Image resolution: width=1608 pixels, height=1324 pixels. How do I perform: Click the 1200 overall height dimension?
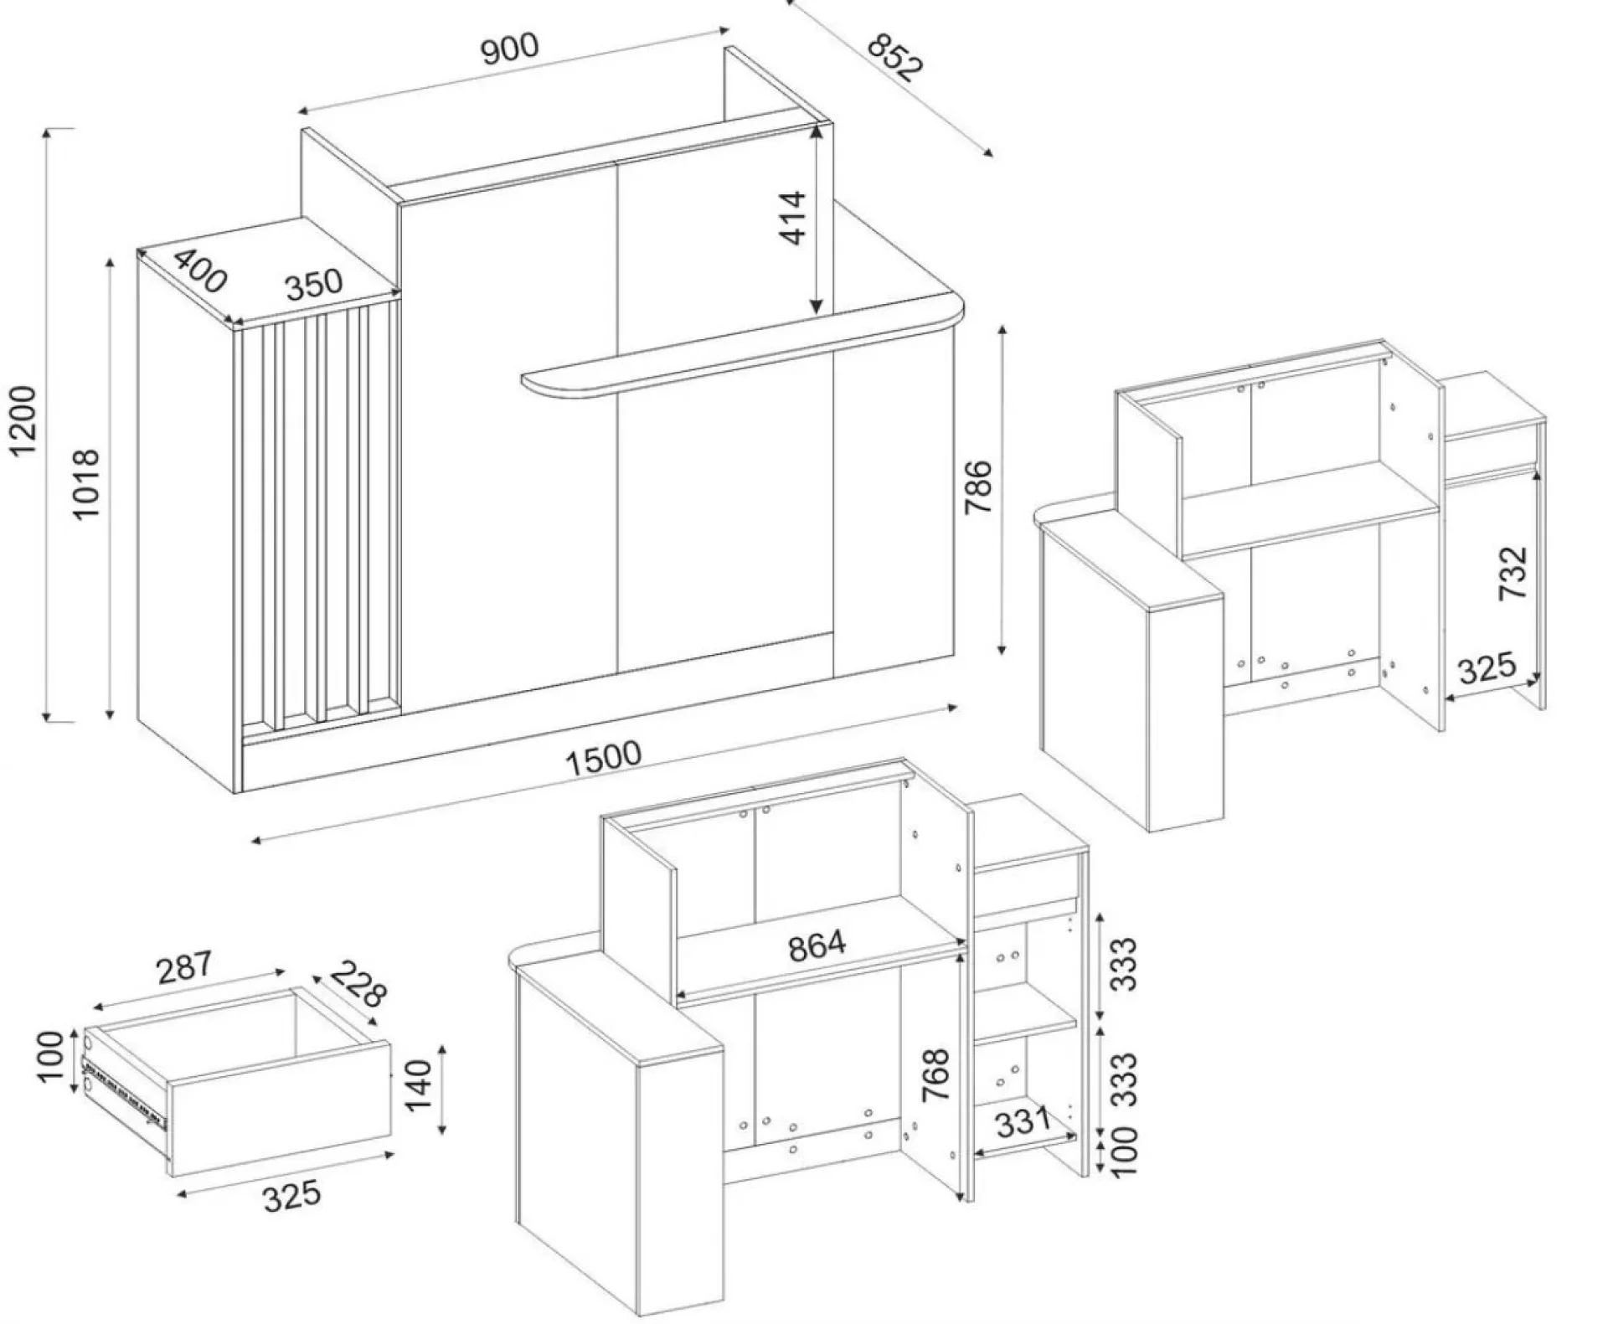23,420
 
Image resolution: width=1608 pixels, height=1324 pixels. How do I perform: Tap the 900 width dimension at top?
510,49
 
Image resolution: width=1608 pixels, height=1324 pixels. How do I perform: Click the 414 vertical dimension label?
792,218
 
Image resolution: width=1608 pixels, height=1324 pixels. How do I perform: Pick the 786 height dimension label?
977,487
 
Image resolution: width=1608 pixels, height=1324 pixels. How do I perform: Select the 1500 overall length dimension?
603,758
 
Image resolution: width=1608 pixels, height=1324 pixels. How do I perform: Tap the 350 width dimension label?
314,285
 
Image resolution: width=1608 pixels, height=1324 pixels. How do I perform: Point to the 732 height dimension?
1513,573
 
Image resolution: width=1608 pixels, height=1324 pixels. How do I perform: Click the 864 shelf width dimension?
817,945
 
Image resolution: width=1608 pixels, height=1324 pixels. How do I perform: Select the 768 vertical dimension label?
935,1074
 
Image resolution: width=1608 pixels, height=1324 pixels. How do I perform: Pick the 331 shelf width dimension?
1023,1121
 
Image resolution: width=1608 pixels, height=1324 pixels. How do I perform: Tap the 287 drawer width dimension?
185,967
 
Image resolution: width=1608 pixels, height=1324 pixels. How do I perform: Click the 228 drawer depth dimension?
358,985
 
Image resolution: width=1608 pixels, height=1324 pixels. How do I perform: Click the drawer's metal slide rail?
126,1090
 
